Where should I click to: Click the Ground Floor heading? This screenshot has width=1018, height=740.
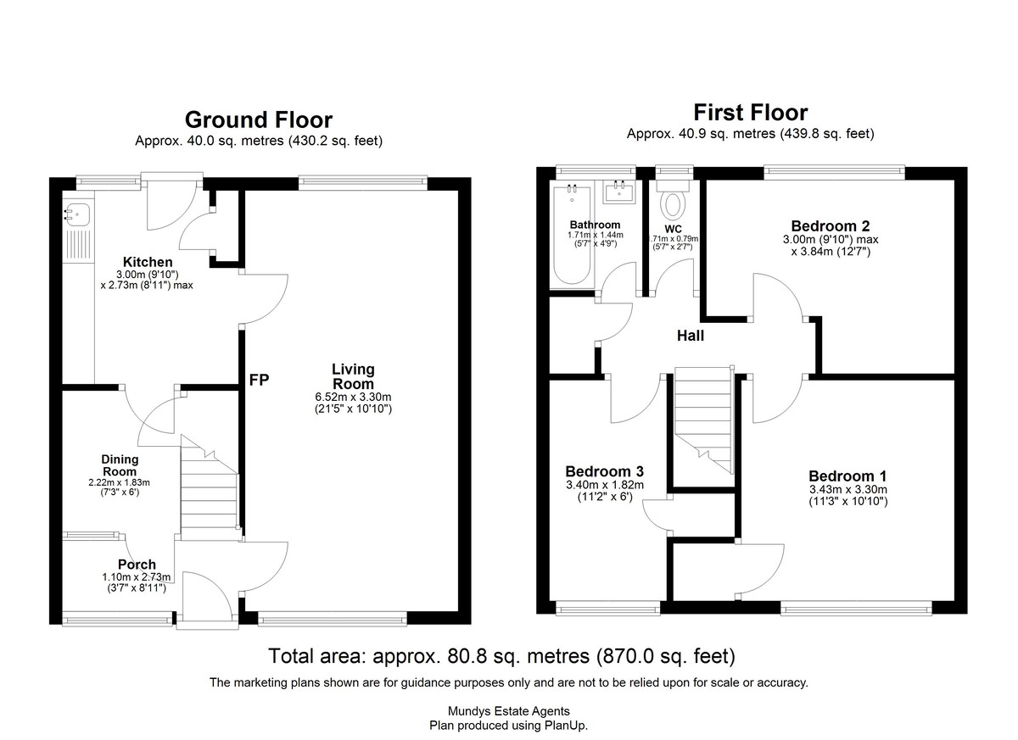click(259, 120)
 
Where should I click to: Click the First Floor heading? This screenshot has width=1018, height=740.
click(750, 113)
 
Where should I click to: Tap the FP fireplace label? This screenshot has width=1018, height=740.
click(259, 380)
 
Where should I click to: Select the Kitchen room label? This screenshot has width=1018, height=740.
click(148, 262)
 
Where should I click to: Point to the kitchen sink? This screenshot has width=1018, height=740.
click(77, 214)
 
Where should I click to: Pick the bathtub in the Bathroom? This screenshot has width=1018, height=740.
click(572, 234)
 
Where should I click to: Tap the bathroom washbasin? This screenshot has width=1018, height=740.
click(619, 192)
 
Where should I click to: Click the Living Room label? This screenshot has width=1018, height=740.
click(353, 376)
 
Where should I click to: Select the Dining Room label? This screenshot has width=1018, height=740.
click(120, 465)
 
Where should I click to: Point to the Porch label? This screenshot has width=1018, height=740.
click(137, 565)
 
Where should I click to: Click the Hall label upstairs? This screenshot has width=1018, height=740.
click(691, 336)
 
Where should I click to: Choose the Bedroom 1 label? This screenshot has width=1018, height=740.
click(847, 476)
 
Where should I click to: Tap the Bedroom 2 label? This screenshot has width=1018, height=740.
click(831, 225)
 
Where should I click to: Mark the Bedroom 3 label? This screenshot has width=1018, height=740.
click(604, 471)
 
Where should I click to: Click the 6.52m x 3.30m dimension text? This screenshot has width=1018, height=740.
click(353, 397)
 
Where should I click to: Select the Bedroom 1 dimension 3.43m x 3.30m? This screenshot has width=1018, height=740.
click(848, 489)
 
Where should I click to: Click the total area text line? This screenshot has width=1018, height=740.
click(501, 655)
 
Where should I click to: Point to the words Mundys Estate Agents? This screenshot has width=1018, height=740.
click(508, 711)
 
